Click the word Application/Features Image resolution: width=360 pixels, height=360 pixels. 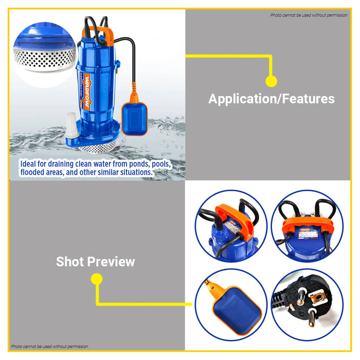coord(271,99)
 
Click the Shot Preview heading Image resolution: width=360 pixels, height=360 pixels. coord(95,262)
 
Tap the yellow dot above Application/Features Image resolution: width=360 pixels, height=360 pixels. coord(271,81)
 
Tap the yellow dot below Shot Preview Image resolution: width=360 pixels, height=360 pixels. coord(96,279)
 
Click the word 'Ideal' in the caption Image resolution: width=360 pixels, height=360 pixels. coord(29,164)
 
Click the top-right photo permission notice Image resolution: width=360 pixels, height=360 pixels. coord(309,15)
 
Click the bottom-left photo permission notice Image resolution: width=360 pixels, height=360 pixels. coord(49,347)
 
